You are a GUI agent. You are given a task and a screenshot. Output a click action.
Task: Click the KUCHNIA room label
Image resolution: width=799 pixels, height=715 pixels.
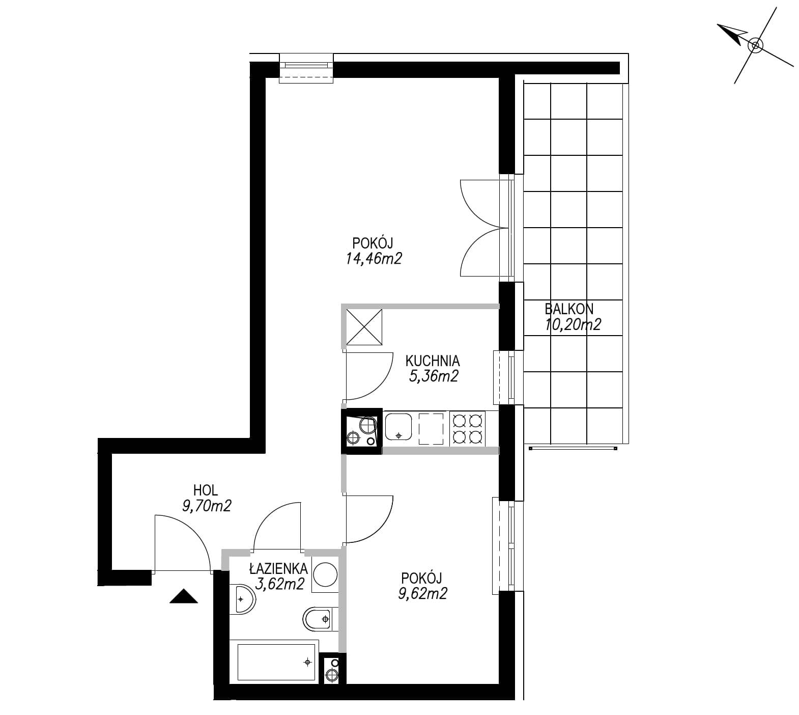[432, 361]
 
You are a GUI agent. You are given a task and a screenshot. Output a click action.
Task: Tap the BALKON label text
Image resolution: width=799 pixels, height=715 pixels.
[569, 309]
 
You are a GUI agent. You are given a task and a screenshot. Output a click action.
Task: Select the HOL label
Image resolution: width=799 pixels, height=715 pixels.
[206, 490]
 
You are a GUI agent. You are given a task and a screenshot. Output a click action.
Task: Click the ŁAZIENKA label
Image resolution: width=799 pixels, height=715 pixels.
[278, 568]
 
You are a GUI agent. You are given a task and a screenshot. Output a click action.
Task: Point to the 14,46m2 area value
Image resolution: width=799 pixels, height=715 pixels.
[374, 259]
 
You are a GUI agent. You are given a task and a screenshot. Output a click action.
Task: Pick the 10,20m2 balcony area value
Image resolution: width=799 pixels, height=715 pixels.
[573, 324]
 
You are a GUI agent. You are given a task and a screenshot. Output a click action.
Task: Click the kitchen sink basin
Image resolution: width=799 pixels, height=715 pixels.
[398, 427]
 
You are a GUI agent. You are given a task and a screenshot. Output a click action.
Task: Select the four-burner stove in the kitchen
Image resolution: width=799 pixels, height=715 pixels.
[467, 428]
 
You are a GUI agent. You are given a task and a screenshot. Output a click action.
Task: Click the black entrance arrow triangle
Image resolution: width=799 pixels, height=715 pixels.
[183, 596]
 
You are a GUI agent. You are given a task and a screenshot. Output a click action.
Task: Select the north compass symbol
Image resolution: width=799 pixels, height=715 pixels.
[755, 46]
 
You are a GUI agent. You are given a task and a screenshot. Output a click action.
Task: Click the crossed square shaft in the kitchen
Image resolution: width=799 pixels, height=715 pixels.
[363, 329]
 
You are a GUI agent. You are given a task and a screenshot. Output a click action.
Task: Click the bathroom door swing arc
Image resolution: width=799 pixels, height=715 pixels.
[277, 526]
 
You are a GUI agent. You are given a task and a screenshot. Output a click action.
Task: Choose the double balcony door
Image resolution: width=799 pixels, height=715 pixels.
[480, 228]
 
